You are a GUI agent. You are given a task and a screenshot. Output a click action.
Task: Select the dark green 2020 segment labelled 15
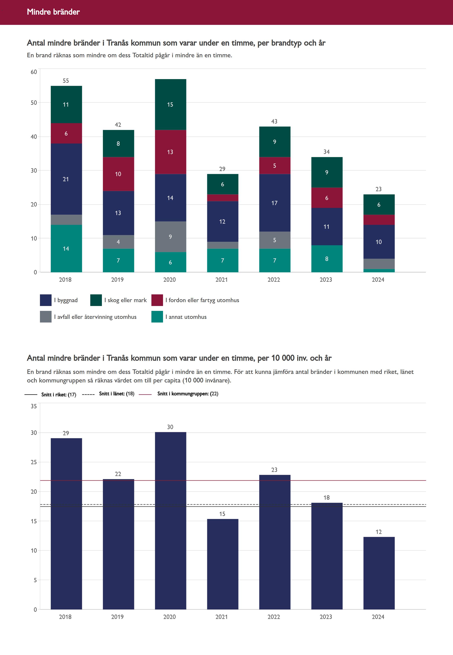(170, 105)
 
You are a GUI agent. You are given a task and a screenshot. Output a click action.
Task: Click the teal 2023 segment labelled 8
(327, 259)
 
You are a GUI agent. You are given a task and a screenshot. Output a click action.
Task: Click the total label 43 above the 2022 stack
(274, 122)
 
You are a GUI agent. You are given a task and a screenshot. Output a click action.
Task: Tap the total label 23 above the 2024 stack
(379, 189)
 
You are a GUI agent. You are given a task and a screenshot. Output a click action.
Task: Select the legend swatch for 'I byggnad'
(46, 300)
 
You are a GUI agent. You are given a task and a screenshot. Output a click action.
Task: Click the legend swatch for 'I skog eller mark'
(96, 300)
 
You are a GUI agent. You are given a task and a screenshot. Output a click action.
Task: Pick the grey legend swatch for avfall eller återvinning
(46, 317)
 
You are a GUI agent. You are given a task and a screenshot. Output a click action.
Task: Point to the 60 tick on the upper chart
(34, 72)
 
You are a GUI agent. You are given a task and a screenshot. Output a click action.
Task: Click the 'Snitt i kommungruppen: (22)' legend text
(188, 394)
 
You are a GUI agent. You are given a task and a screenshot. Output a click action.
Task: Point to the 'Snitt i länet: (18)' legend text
(116, 394)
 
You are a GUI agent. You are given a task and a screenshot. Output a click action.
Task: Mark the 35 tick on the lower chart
(34, 406)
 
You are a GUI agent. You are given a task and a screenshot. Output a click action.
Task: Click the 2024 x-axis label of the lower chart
(378, 617)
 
